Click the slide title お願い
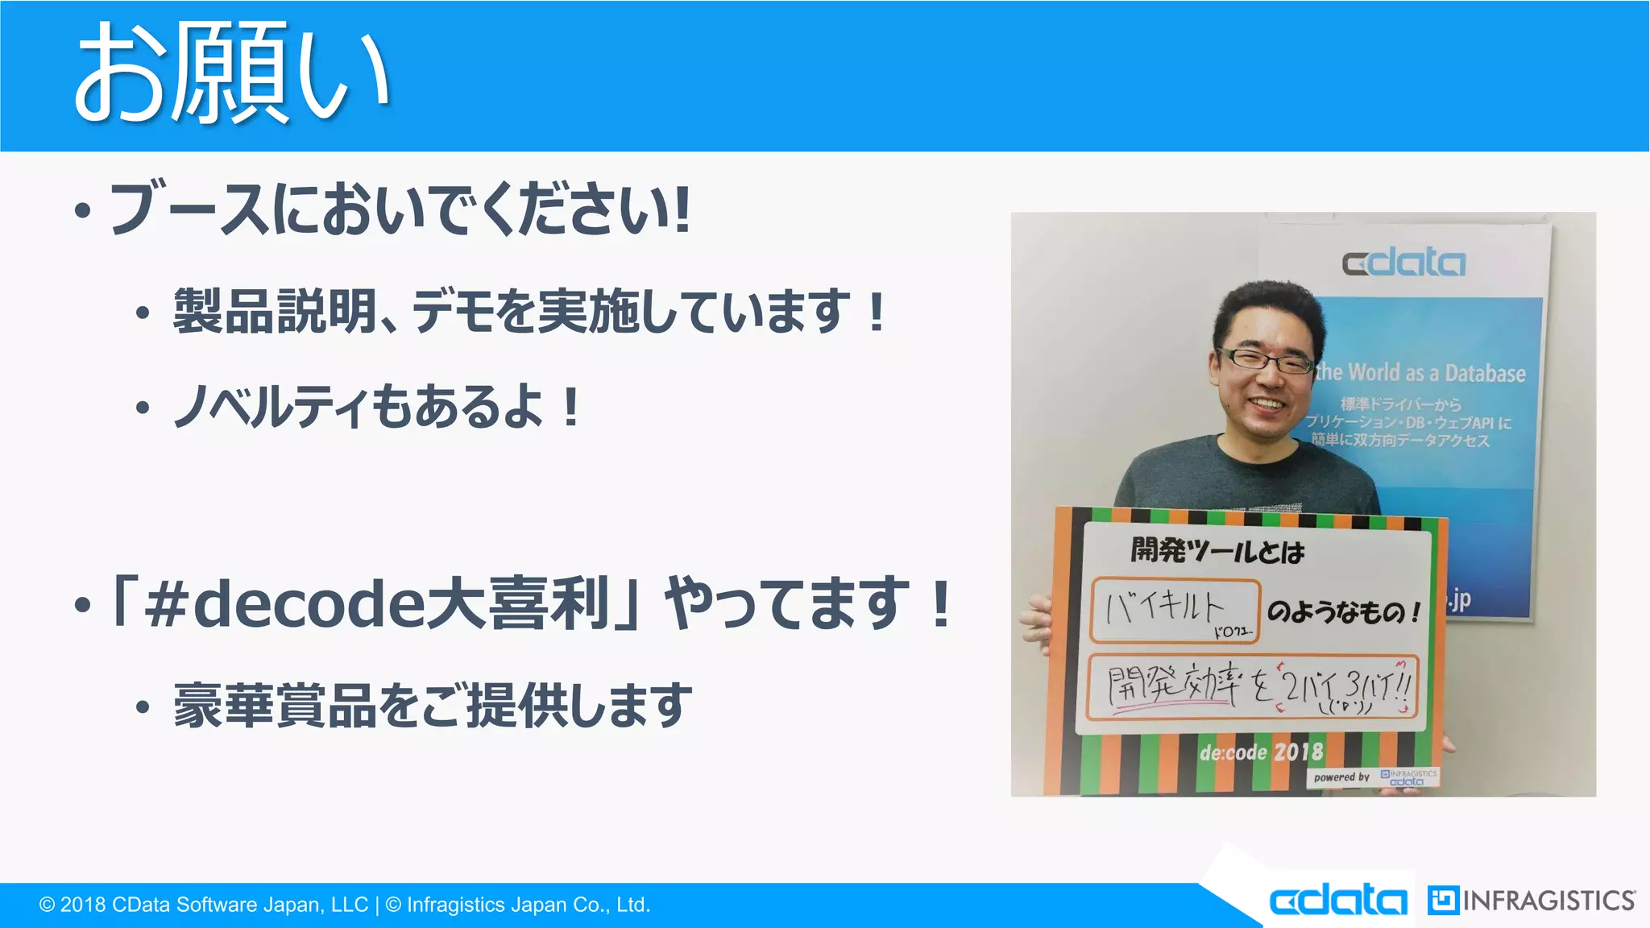tap(232, 74)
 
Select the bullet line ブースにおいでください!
tap(399, 209)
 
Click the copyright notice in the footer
tap(345, 905)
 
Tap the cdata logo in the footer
tap(1338, 900)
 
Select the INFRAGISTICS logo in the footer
tap(1531, 900)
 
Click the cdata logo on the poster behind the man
tap(1403, 263)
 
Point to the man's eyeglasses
tap(1265, 360)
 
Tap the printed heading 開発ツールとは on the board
tap(1217, 551)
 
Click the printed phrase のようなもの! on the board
tap(1344, 612)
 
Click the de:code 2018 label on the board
tap(1261, 752)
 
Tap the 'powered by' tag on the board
tap(1341, 777)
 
